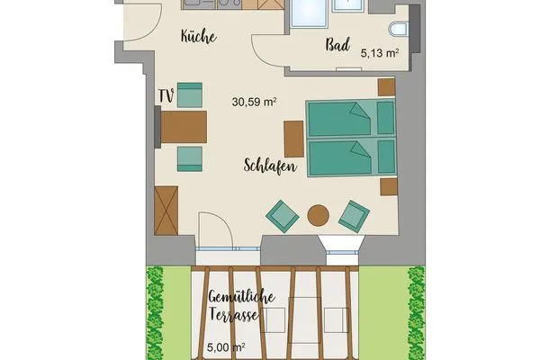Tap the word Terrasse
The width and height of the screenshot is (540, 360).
(232, 316)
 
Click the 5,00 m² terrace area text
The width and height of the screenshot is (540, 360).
(226, 346)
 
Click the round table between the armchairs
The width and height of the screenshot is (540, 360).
(319, 215)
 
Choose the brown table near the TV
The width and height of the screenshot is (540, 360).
(184, 126)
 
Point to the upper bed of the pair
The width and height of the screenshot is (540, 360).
(350, 118)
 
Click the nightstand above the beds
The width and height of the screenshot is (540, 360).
(386, 86)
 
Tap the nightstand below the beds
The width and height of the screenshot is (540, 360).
(389, 186)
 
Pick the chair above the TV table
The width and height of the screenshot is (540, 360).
(190, 94)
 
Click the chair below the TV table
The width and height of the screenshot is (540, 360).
(190, 157)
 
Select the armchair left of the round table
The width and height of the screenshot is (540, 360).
(283, 215)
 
